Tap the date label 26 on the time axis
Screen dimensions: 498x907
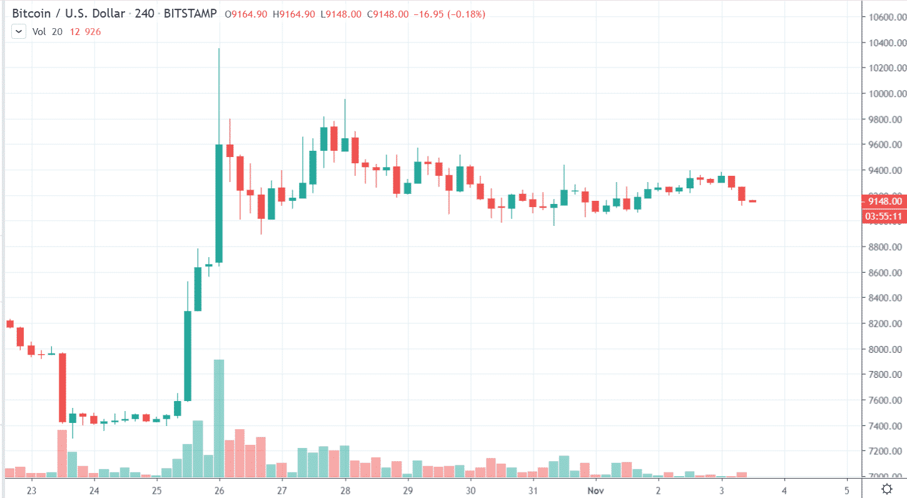click(220, 489)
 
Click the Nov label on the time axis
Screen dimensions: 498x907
click(595, 489)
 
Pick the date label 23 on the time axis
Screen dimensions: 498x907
click(32, 489)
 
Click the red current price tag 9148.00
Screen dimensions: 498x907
click(883, 201)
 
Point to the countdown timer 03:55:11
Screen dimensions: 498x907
click(883, 216)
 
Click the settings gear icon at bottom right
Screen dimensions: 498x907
click(886, 489)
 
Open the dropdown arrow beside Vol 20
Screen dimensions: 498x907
click(18, 31)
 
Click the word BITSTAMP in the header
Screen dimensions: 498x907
click(191, 14)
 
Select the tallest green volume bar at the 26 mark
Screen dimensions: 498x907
click(219, 418)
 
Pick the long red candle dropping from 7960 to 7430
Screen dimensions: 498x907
click(63, 388)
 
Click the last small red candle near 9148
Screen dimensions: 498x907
click(752, 201)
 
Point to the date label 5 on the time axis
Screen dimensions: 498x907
click(846, 489)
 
